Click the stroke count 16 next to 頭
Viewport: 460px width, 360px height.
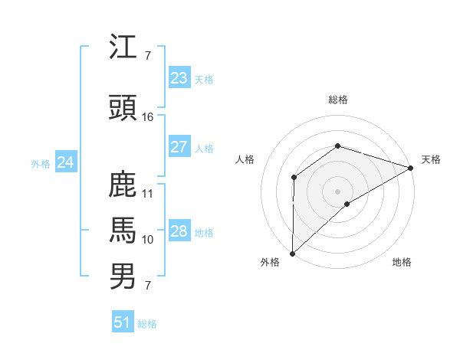[x=148, y=117]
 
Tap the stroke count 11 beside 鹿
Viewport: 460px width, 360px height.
[x=148, y=194]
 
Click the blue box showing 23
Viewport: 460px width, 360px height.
[x=179, y=78]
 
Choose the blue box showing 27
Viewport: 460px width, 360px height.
[x=179, y=147]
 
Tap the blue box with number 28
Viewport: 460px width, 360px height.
[x=179, y=231]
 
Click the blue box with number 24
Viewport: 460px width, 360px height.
[x=66, y=162]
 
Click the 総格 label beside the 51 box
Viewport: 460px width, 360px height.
[x=147, y=324]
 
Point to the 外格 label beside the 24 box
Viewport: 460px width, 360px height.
[x=41, y=163]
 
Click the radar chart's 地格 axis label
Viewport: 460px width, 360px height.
[x=402, y=263]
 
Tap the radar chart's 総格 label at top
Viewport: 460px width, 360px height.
[x=337, y=100]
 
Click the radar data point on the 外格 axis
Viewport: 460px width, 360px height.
[x=292, y=253]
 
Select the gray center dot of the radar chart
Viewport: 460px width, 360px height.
[x=337, y=191]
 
